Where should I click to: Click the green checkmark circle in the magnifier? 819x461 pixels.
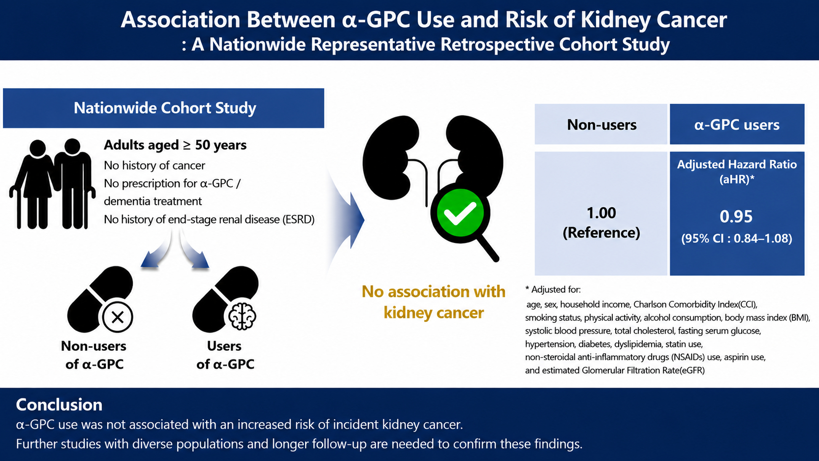[x=460, y=214]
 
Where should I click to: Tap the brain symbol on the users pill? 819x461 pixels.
[x=242, y=316]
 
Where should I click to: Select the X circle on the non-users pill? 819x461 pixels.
[x=118, y=317]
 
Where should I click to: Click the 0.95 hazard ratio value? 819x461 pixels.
[x=736, y=217]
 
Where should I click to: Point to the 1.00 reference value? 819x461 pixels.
[x=602, y=213]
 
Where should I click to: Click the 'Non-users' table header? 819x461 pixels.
[x=602, y=125]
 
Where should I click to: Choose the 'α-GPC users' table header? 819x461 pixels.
[x=737, y=125]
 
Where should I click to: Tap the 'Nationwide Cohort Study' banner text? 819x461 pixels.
[x=165, y=108]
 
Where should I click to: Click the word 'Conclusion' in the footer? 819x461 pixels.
[x=59, y=405]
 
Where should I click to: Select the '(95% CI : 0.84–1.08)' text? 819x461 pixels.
[x=737, y=239]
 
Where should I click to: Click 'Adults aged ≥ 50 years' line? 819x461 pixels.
[x=175, y=145]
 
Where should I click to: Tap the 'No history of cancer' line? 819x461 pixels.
[x=154, y=166]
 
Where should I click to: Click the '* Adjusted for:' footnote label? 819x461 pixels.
[x=553, y=290]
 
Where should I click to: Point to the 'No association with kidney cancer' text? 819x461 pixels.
[x=434, y=302]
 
